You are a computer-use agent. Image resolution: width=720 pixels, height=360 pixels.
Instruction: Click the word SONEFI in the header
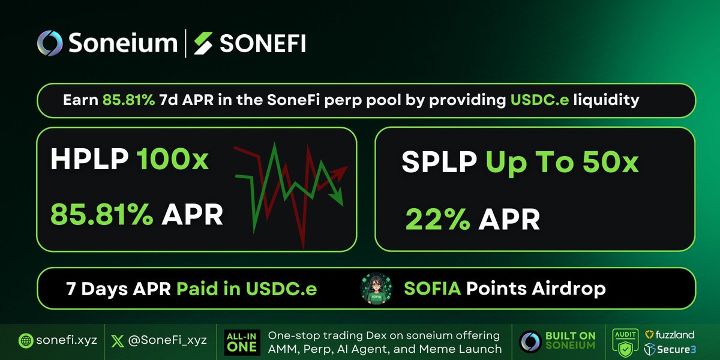[x=262, y=43]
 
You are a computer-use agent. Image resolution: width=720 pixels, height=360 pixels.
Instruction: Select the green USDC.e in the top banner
[x=538, y=100]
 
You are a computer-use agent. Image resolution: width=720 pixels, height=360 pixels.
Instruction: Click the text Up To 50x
[x=562, y=163]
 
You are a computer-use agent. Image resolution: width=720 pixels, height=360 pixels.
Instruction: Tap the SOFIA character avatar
[x=376, y=289]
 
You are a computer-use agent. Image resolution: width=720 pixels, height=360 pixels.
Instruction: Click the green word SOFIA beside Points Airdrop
[x=432, y=289]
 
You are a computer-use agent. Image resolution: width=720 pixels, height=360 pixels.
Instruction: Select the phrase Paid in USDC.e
[x=247, y=289]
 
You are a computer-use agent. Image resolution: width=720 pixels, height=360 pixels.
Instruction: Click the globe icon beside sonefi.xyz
[x=26, y=340]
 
